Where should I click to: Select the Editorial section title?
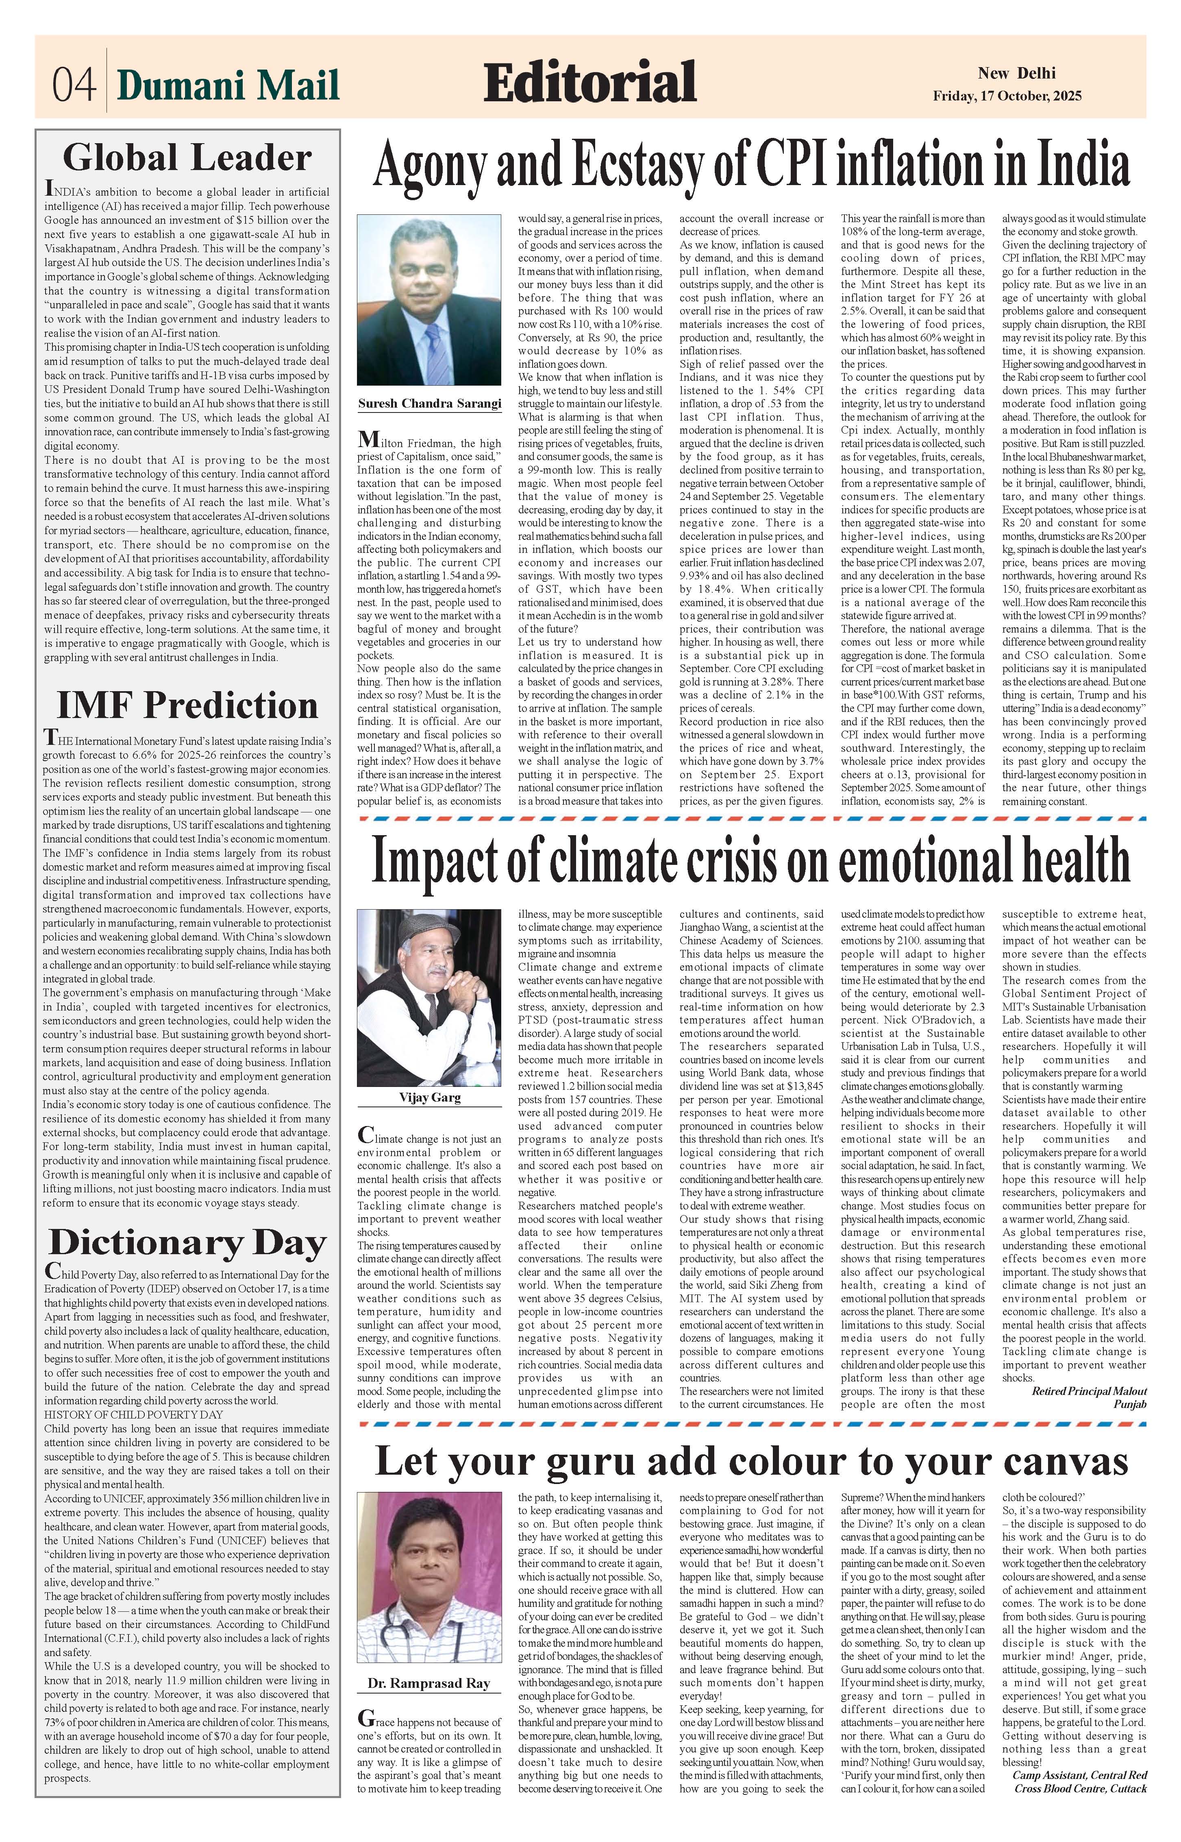(590, 83)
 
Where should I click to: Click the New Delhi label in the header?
(1016, 74)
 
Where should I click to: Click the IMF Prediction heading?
(188, 705)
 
